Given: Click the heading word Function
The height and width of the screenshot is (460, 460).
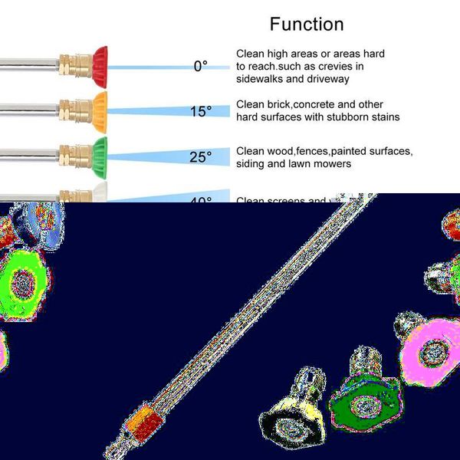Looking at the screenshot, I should pyautogui.click(x=307, y=24).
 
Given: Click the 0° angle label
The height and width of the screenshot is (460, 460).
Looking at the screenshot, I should pyautogui.click(x=200, y=67).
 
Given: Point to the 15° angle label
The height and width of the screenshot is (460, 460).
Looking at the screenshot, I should pyautogui.click(x=200, y=112).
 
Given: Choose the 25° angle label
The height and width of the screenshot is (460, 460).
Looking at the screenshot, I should pyautogui.click(x=200, y=157).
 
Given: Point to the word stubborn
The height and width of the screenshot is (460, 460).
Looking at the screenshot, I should pyautogui.click(x=349, y=117).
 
